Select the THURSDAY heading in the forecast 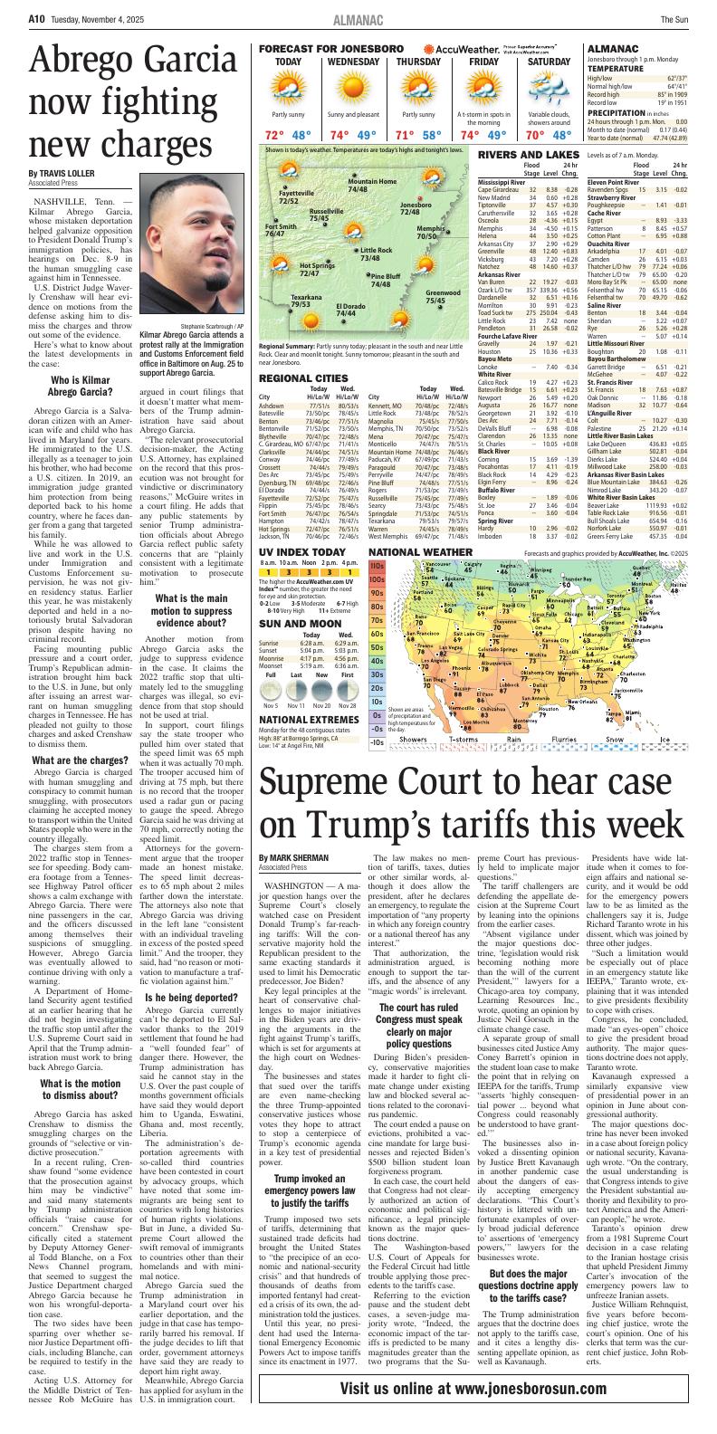[x=418, y=62]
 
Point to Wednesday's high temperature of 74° [x=340, y=135]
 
